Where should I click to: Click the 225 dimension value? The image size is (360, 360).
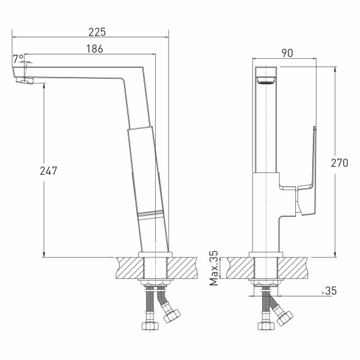click(x=97, y=32)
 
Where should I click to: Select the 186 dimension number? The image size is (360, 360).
click(x=95, y=49)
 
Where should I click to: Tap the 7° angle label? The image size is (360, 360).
click(x=18, y=59)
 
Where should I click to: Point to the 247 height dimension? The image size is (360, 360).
click(x=48, y=171)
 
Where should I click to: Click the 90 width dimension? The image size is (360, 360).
click(x=287, y=53)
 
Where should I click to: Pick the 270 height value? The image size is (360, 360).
click(x=339, y=163)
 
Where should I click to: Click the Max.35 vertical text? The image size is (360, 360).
click(x=214, y=268)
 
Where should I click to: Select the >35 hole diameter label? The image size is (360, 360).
click(x=329, y=291)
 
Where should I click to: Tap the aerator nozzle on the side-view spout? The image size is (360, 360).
click(x=25, y=80)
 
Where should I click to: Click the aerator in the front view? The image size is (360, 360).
click(x=266, y=81)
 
